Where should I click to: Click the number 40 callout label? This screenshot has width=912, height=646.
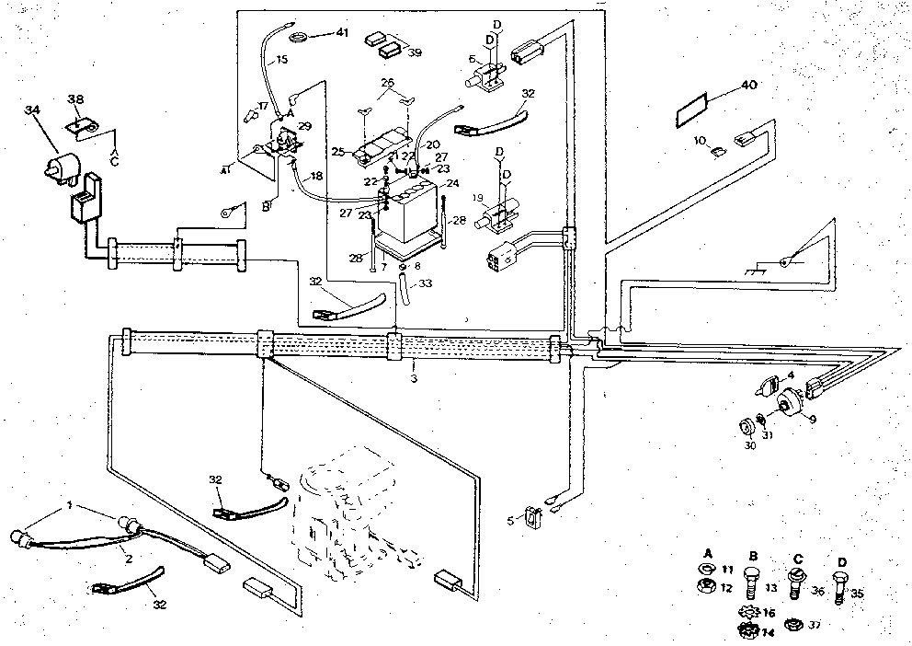pyautogui.click(x=748, y=86)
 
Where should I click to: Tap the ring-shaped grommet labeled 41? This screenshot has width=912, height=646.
pyautogui.click(x=298, y=37)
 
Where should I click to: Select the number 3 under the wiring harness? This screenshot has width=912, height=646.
pyautogui.click(x=414, y=378)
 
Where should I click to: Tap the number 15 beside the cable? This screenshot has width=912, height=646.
pyautogui.click(x=280, y=60)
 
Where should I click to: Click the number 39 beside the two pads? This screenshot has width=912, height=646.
pyautogui.click(x=415, y=52)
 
